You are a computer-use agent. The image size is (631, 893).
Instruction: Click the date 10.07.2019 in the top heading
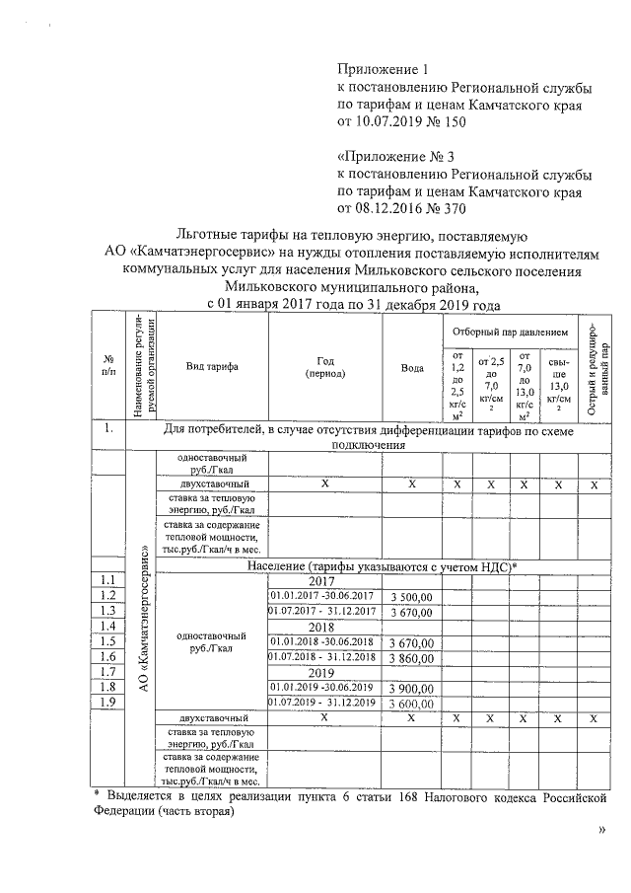pyautogui.click(x=387, y=122)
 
